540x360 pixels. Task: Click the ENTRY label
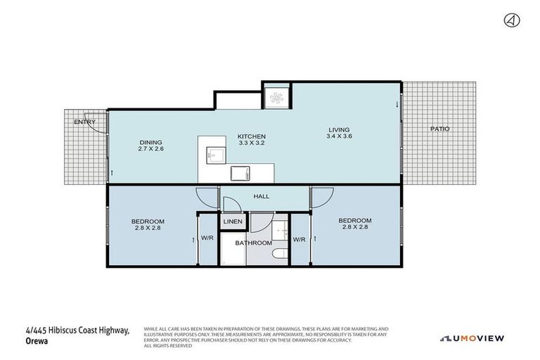84,122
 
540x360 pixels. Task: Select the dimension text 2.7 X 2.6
150,148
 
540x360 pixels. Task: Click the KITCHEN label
251,136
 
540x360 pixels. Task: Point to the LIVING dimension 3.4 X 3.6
339,136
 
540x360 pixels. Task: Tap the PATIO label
440,129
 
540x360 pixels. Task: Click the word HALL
261,197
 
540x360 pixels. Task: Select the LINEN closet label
233,222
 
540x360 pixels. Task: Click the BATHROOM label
253,243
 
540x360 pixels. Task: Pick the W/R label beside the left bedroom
207,239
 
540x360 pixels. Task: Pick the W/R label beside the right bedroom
299,239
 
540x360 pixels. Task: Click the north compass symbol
511,20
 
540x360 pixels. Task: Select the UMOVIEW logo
472,338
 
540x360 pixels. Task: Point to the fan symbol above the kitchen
276,96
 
